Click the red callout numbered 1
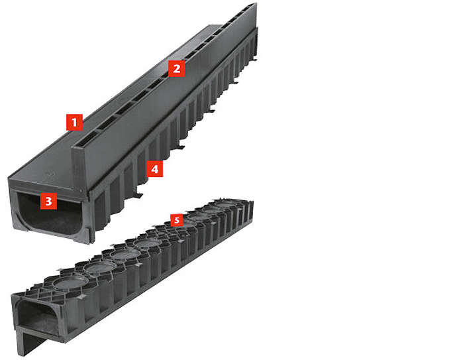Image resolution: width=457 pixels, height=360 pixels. pyautogui.click(x=74, y=122)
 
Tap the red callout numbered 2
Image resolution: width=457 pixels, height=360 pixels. pyautogui.click(x=176, y=68)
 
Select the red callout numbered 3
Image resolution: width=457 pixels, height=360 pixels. pyautogui.click(x=48, y=201)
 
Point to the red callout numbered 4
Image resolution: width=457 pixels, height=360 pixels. pyautogui.click(x=154, y=168)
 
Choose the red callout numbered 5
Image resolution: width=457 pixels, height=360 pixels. pyautogui.click(x=177, y=220)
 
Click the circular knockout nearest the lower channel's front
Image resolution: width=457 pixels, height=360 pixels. pyautogui.click(x=70, y=282)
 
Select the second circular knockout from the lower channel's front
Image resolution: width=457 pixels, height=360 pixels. pyautogui.click(x=99, y=267)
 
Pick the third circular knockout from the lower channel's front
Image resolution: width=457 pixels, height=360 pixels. pyautogui.click(x=124, y=254)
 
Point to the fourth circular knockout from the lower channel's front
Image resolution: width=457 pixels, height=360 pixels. pyautogui.click(x=147, y=243)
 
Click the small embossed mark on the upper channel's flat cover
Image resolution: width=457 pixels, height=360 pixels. pyautogui.click(x=50, y=174)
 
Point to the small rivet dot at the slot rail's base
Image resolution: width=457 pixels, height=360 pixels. pyautogui.click(x=80, y=191)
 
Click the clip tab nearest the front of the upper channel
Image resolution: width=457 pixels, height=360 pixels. pyautogui.click(x=138, y=195)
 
